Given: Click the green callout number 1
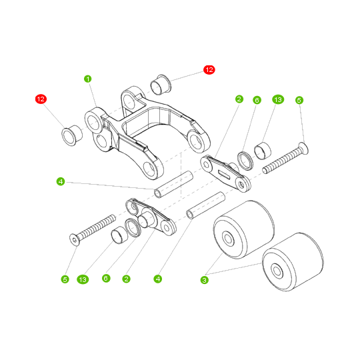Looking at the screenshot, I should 87,78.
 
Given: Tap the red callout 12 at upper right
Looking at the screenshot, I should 209,69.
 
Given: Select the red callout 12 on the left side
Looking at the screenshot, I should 41,99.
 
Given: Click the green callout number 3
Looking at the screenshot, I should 204,281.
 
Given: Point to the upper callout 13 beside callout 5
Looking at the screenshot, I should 278,99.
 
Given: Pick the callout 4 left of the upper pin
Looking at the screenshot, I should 60,181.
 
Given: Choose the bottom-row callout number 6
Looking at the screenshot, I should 105,278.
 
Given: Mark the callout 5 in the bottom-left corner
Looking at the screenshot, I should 65,278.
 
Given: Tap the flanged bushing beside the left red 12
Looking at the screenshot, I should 70,135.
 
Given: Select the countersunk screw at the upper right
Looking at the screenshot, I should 285,158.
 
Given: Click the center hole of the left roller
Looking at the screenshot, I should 228,239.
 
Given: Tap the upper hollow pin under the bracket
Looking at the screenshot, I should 173,186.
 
